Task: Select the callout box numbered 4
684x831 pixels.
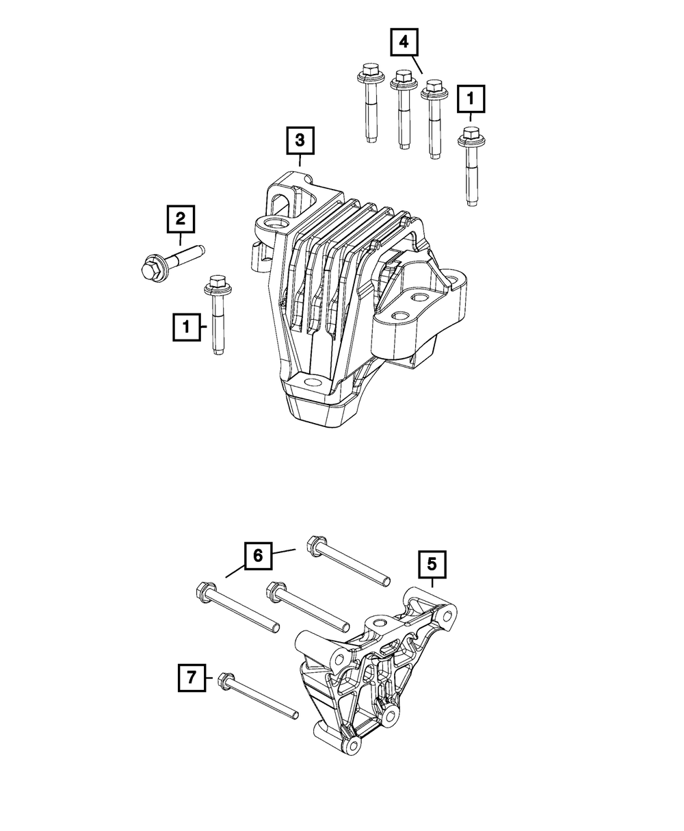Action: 404,42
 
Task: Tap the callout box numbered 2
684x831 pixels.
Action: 180,218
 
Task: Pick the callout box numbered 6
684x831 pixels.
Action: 258,555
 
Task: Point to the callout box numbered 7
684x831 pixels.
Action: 191,678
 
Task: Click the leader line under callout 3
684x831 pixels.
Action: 300,161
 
